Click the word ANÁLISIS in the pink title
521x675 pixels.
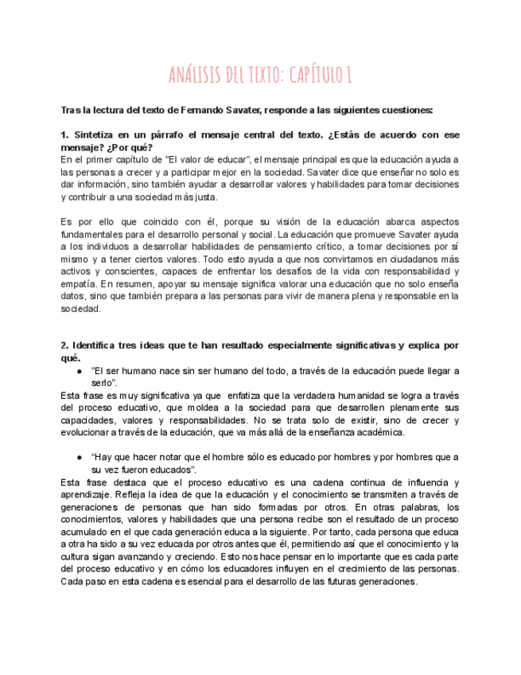196,76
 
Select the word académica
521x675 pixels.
376,432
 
